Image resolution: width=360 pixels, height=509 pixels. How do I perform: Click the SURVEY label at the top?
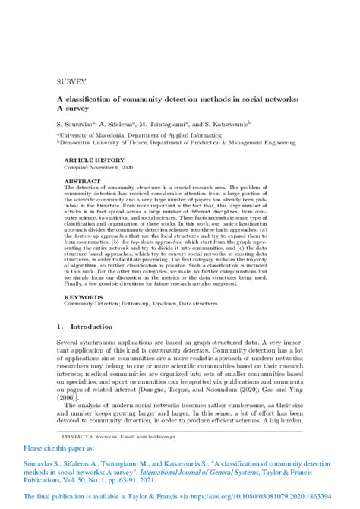coord(71,81)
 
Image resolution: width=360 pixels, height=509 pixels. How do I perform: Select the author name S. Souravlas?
coord(76,122)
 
